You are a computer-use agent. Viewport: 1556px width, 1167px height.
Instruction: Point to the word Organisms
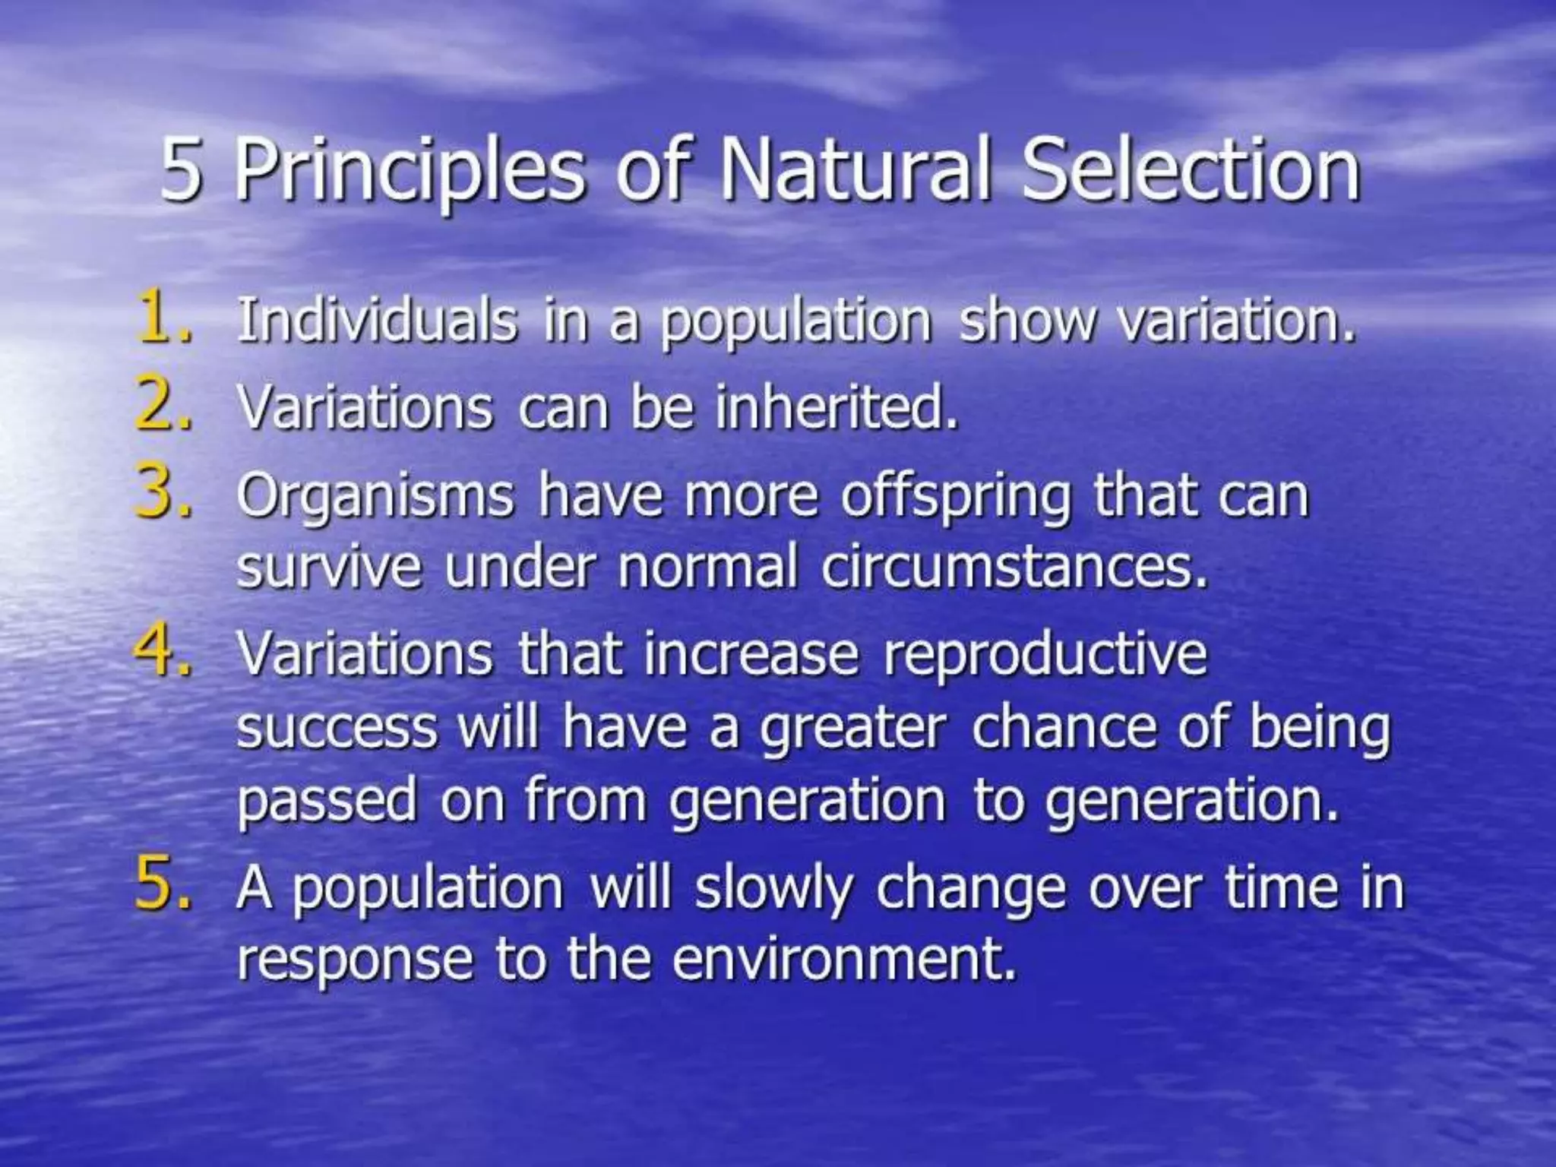tap(375, 498)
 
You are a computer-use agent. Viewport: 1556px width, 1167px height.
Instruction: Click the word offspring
tap(954, 498)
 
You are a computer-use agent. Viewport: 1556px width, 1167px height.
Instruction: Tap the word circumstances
tap(1014, 568)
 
